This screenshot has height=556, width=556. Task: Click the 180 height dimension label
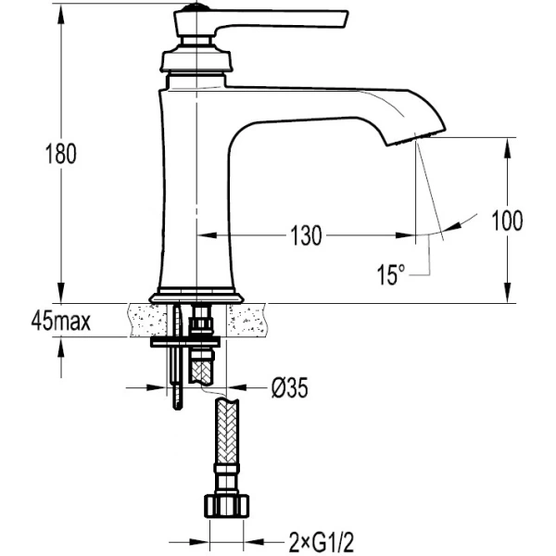pyautogui.click(x=61, y=154)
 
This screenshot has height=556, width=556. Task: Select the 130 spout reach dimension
pyautogui.click(x=306, y=235)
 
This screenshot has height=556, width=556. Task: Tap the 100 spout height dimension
pyautogui.click(x=507, y=221)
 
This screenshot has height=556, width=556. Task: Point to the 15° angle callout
pyautogui.click(x=391, y=274)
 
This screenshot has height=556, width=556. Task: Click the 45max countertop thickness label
pyautogui.click(x=60, y=322)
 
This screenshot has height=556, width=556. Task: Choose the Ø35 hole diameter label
pyautogui.click(x=290, y=387)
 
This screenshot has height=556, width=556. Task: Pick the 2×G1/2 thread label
pyautogui.click(x=322, y=542)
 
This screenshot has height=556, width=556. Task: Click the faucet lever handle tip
pyautogui.click(x=345, y=19)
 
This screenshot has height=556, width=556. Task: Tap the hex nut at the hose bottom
pyautogui.click(x=227, y=506)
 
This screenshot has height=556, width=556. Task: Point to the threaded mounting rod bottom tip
pyautogui.click(x=178, y=409)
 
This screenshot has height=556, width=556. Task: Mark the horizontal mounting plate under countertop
pyautogui.click(x=185, y=342)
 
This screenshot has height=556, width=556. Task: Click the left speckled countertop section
pyautogui.click(x=148, y=321)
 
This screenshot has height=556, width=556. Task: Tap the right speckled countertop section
pyautogui.click(x=246, y=321)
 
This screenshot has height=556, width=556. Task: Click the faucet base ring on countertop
pyautogui.click(x=196, y=297)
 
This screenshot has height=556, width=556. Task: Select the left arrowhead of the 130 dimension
pyautogui.click(x=207, y=235)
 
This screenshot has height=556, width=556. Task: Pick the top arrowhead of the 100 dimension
pyautogui.click(x=508, y=147)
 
